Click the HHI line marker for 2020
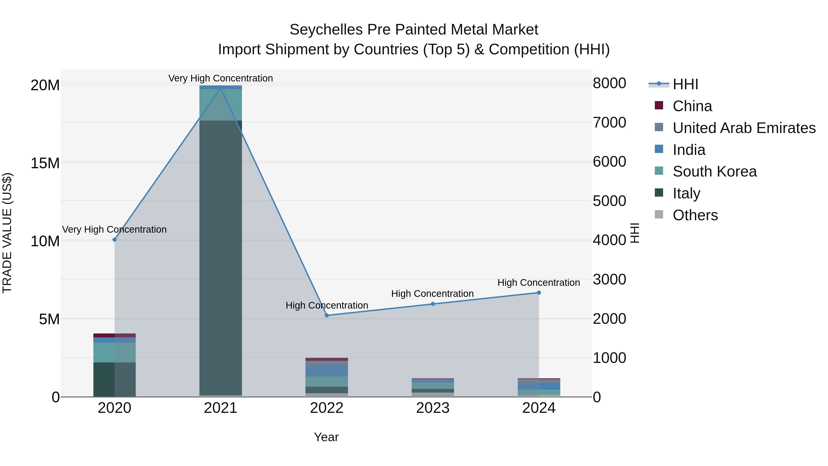pyautogui.click(x=115, y=240)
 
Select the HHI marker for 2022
pyautogui.click(x=327, y=315)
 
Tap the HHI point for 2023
pyautogui.click(x=433, y=304)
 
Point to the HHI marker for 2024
pyautogui.click(x=539, y=293)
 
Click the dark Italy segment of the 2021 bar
pyautogui.click(x=221, y=257)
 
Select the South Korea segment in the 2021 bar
pyautogui.click(x=221, y=104)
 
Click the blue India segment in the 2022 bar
pyautogui.click(x=327, y=370)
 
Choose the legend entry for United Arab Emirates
pyautogui.click(x=744, y=128)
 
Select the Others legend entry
pyautogui.click(x=695, y=215)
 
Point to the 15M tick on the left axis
pyautogui.click(x=45, y=163)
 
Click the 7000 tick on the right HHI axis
pyautogui.click(x=609, y=122)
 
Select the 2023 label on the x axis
pyautogui.click(x=433, y=408)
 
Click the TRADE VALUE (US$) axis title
pyautogui.click(x=7, y=233)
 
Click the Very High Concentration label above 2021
pyautogui.click(x=221, y=78)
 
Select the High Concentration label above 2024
pyautogui.click(x=539, y=283)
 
